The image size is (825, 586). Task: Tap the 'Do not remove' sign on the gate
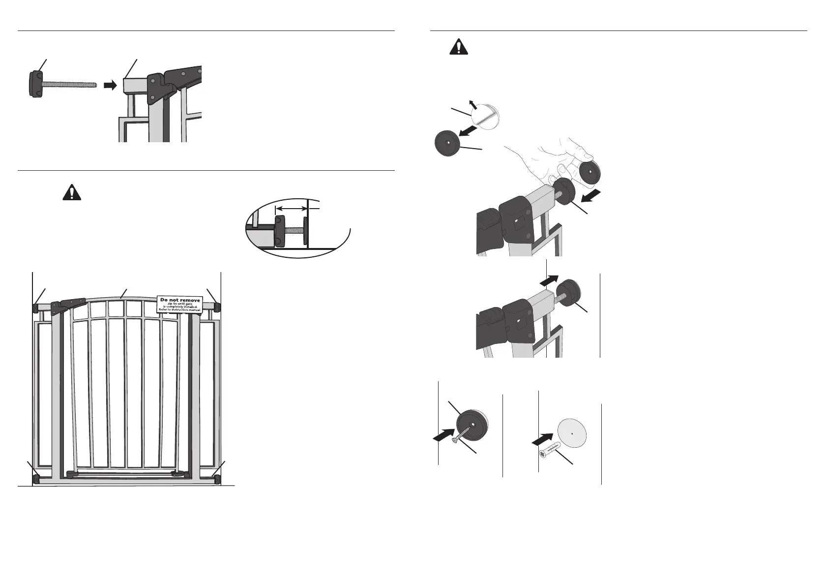pos(180,304)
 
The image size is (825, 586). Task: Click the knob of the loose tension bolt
pos(36,84)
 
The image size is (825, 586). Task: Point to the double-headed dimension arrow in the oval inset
pos(291,209)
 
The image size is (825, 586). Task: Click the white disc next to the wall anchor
pos(573,432)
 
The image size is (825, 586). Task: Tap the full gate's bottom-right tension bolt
pos(217,477)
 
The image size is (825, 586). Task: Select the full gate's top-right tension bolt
pos(217,308)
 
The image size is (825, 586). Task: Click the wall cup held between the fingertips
pos(589,173)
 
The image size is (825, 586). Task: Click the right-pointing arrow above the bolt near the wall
pos(550,279)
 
